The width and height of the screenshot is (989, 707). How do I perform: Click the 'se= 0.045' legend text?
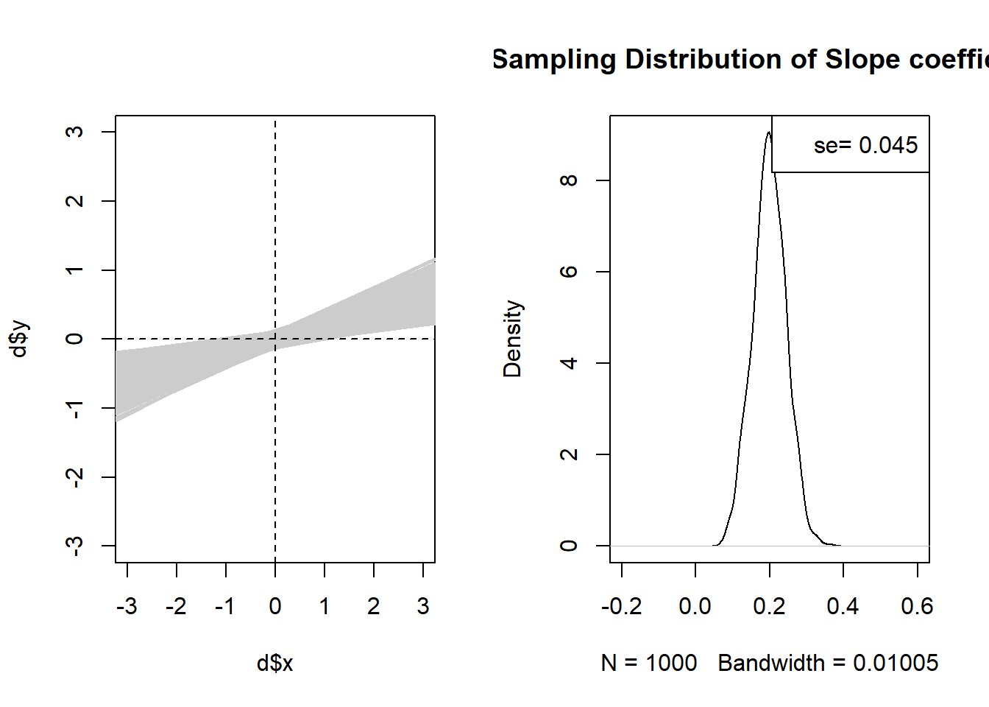(865, 146)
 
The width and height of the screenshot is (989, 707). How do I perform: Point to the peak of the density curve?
(768, 133)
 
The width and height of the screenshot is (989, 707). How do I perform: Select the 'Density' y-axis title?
(513, 339)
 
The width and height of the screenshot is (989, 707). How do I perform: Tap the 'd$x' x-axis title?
(275, 664)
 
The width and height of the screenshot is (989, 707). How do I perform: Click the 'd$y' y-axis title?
(20, 339)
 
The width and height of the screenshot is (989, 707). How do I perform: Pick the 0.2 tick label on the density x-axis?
(769, 607)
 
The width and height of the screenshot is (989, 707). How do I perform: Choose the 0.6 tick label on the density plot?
(917, 607)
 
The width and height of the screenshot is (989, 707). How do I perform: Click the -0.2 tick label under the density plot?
(621, 607)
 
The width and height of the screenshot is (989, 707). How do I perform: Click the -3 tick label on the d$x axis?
(127, 607)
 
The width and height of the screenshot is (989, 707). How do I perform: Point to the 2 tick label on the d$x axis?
(374, 607)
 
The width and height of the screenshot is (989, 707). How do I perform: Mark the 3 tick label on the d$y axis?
(74, 132)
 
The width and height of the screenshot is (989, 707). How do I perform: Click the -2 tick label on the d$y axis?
(74, 476)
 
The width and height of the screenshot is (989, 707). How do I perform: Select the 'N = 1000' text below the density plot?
(649, 664)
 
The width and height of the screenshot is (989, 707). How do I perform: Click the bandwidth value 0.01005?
(896, 664)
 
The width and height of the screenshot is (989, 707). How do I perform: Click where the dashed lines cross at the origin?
(275, 339)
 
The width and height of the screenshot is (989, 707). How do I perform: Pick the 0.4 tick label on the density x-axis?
(843, 607)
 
